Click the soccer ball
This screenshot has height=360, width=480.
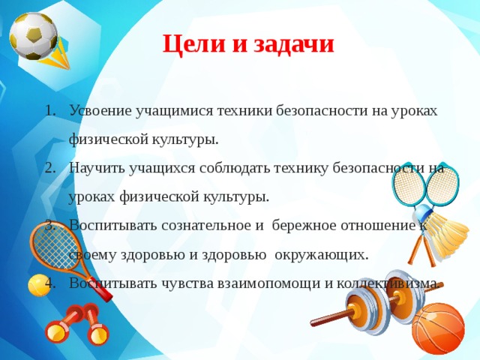coord(33,36)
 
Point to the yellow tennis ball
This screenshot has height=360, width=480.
coord(39,285)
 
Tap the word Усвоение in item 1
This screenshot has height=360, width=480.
coord(100,110)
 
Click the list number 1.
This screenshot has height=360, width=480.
coord(50,111)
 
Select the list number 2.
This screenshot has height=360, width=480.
coord(50,168)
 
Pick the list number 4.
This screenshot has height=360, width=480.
coord(50,283)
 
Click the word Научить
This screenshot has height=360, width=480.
coord(97,168)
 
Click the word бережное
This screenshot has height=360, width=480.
coord(304,226)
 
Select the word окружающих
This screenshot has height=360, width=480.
coord(322,255)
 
